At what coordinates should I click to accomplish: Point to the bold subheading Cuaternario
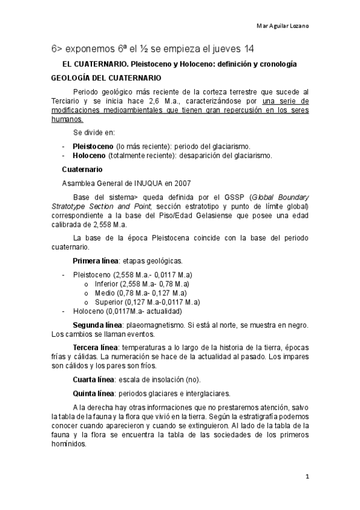(x=82, y=170)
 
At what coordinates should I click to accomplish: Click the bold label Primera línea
(x=97, y=260)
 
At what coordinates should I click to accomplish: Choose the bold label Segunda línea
(x=97, y=325)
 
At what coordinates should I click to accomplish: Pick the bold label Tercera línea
(x=96, y=348)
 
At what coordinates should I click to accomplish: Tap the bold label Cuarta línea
(x=95, y=379)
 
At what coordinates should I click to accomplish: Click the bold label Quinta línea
(x=95, y=394)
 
